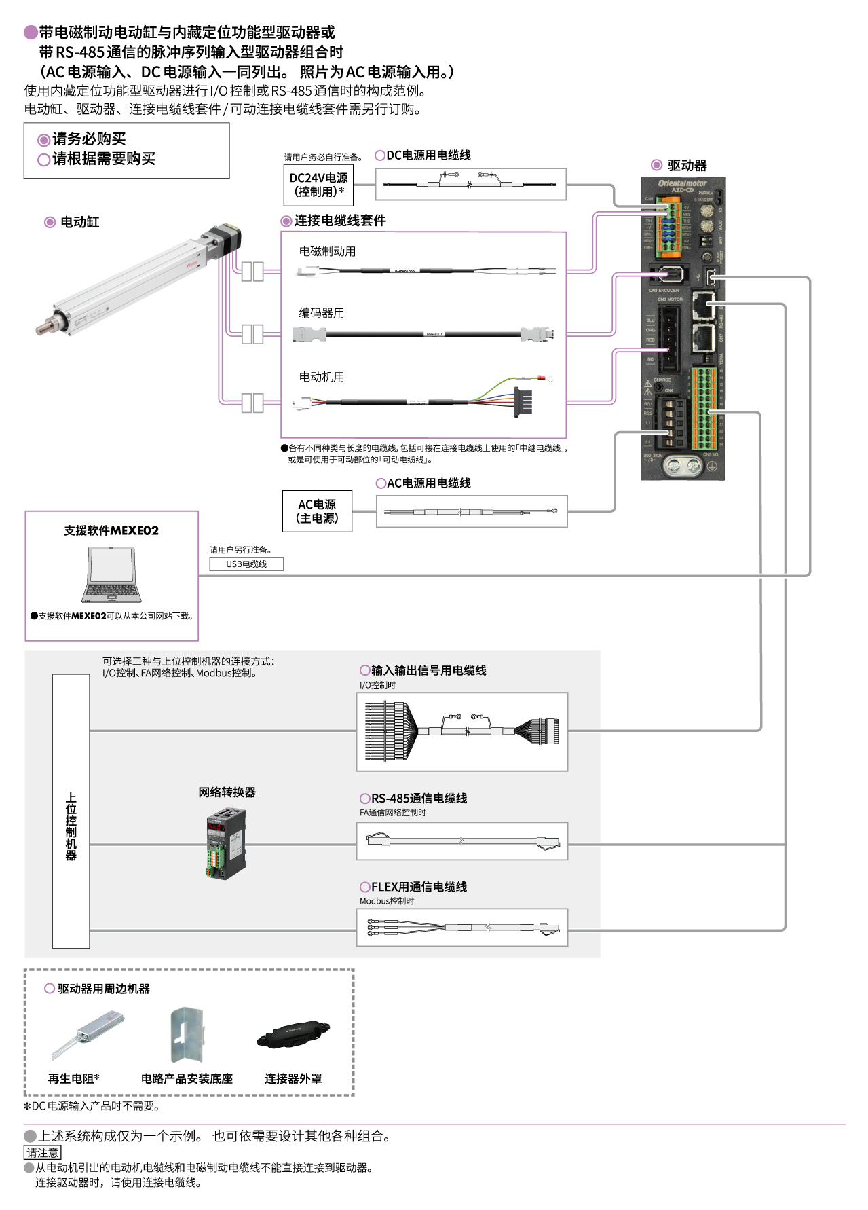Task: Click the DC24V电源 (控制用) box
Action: (318, 185)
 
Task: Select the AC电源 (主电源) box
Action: (317, 511)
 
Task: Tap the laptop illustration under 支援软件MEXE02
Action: (112, 574)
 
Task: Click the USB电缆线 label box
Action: (246, 564)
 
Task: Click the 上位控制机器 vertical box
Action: (71, 811)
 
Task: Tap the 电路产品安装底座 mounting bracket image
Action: (186, 1035)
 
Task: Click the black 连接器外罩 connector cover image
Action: (293, 1035)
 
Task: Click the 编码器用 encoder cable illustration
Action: (424, 334)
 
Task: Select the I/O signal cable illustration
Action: (461, 731)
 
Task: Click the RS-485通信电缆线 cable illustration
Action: (462, 841)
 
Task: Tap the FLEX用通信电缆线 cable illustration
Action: (462, 928)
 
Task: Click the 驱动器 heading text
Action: (687, 166)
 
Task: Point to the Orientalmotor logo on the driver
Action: (682, 183)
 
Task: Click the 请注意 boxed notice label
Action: (43, 1152)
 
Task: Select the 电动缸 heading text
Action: (79, 222)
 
